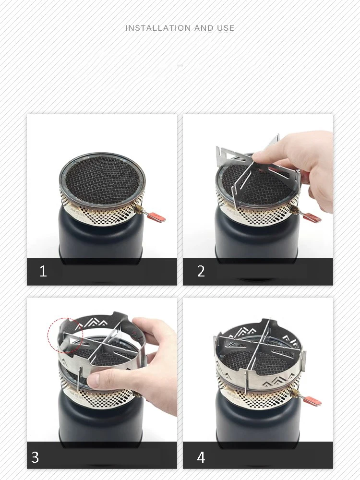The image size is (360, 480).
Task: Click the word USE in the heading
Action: tap(226, 28)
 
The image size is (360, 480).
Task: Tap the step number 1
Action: tap(43, 271)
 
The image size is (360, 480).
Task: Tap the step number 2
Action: tap(201, 271)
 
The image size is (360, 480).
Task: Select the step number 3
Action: tap(35, 457)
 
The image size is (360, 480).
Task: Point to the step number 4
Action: tap(201, 457)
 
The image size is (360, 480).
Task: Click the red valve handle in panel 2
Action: tap(312, 217)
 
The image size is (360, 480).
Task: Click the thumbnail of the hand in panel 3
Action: tap(93, 380)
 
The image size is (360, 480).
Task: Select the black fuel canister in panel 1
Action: tap(101, 236)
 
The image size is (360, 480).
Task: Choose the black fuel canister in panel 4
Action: tap(258, 420)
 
